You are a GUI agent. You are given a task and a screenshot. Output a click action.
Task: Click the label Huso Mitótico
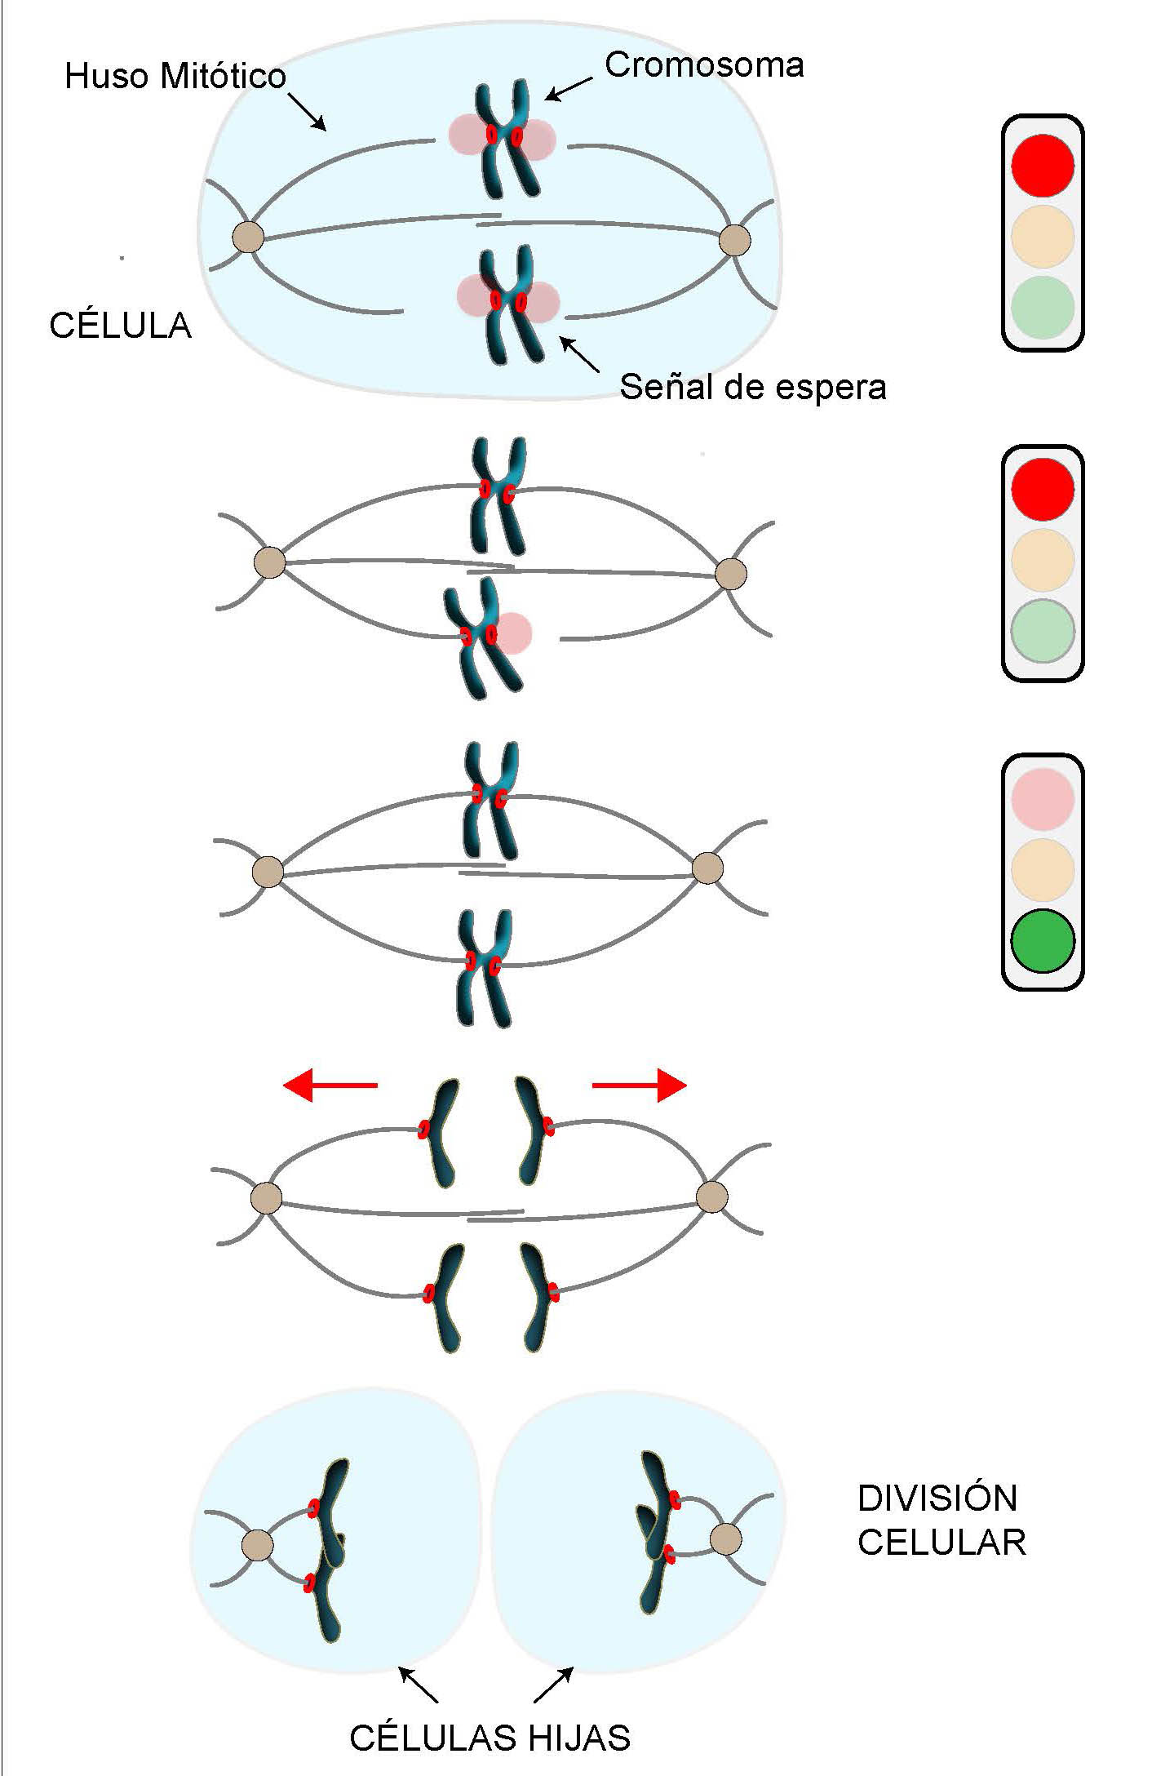pyautogui.click(x=175, y=77)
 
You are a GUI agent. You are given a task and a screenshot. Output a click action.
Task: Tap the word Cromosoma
pyautogui.click(x=703, y=65)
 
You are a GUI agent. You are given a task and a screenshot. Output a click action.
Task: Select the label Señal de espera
pyautogui.click(x=752, y=386)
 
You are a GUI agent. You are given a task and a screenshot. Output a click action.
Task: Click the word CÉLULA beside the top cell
pyautogui.click(x=120, y=326)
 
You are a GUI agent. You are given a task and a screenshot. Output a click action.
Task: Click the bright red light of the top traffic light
pyautogui.click(x=1042, y=165)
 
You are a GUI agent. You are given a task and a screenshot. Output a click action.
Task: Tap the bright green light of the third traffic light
pyautogui.click(x=1042, y=940)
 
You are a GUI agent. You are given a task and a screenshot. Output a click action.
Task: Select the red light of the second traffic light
pyautogui.click(x=1042, y=488)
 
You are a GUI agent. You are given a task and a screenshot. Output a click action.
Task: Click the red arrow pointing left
pyautogui.click(x=330, y=1086)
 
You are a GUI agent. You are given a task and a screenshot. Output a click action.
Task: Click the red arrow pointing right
pyautogui.click(x=640, y=1086)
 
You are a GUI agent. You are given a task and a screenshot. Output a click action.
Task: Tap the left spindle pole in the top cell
pyautogui.click(x=248, y=238)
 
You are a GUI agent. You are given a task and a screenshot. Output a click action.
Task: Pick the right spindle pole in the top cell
pyautogui.click(x=735, y=241)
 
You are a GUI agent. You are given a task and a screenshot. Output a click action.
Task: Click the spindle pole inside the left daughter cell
pyautogui.click(x=258, y=1545)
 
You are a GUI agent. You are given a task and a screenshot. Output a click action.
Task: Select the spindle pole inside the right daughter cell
pyautogui.click(x=724, y=1539)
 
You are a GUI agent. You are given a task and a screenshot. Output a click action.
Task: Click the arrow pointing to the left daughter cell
pyautogui.click(x=417, y=1684)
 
